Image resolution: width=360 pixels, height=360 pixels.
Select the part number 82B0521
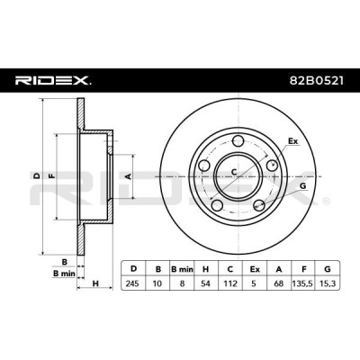[x=316, y=80]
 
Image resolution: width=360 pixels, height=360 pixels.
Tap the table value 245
[x=133, y=283]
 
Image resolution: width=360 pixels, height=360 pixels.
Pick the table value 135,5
[x=303, y=283]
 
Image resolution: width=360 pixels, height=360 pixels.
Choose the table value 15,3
[x=328, y=283]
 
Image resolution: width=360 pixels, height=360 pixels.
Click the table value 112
[x=230, y=283]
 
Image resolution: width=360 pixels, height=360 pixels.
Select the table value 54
[x=206, y=283]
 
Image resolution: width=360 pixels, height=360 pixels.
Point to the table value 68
[x=279, y=283]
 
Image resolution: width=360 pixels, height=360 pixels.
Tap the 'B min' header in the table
[x=182, y=269]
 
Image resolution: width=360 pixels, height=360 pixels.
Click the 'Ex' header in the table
[x=255, y=269]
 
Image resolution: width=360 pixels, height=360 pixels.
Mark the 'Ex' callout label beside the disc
[x=293, y=141]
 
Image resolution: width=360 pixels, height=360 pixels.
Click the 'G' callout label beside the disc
[x=303, y=186]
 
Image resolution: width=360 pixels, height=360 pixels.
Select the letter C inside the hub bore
[x=234, y=172]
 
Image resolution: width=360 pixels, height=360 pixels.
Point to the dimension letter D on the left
[x=37, y=176]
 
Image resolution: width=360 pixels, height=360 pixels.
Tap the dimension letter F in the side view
[x=52, y=176]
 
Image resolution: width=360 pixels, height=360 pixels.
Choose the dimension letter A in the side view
[x=128, y=176]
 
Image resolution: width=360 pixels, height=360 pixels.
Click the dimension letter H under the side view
[x=95, y=283]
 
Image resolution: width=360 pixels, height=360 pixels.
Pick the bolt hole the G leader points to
[x=259, y=205]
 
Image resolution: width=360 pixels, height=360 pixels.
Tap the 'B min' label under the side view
[x=64, y=274]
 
